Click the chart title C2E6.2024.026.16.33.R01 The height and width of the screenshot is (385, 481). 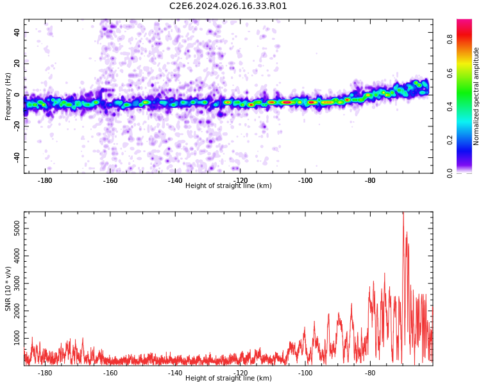click(228, 6)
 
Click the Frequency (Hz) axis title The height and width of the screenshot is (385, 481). click(8, 96)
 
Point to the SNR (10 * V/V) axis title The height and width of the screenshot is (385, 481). click(8, 289)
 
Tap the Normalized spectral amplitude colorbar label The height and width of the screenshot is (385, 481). click(477, 96)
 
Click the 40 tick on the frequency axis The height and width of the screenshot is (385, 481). click(17, 32)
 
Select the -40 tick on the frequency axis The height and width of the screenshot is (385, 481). click(16, 157)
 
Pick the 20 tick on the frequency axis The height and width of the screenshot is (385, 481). click(17, 64)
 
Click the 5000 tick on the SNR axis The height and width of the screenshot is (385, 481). click(13, 228)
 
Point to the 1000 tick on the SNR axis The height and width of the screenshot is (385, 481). click(13, 338)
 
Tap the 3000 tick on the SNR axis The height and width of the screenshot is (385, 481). click(13, 283)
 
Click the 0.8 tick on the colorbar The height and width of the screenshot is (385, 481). click(450, 39)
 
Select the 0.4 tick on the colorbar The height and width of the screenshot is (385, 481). click(450, 106)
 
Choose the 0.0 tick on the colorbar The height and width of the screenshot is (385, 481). click(450, 173)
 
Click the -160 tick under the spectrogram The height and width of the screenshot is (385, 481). click(110, 180)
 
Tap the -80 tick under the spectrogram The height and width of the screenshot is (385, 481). click(370, 180)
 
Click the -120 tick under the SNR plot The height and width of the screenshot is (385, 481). click(240, 373)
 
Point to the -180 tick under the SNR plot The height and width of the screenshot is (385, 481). click(45, 373)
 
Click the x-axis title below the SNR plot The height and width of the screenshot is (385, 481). click(228, 379)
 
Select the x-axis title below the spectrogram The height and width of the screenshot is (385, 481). click(228, 186)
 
